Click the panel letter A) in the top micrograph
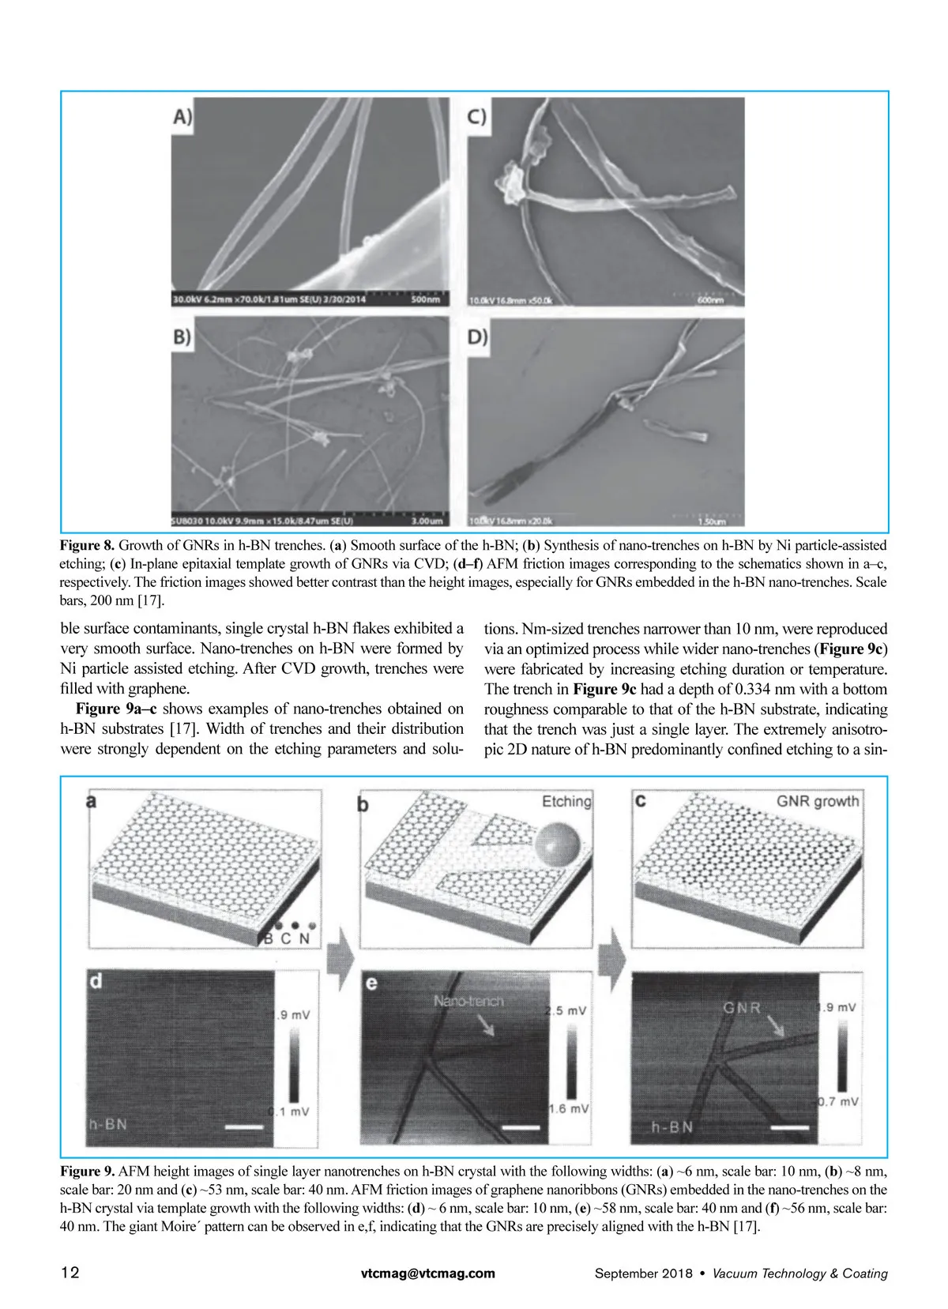pyautogui.click(x=182, y=117)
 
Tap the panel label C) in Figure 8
pyautogui.click(x=476, y=117)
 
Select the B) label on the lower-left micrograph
pyautogui.click(x=182, y=337)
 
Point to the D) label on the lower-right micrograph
pyautogui.click(x=477, y=337)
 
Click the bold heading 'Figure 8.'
pyautogui.click(x=87, y=545)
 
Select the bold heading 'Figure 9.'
pyautogui.click(x=87, y=1171)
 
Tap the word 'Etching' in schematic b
pyautogui.click(x=566, y=801)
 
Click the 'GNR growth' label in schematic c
pyautogui.click(x=818, y=801)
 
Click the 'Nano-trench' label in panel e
pyautogui.click(x=468, y=1001)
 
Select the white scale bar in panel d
pyautogui.click(x=243, y=1126)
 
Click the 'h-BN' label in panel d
pyautogui.click(x=107, y=1124)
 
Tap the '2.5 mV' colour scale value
pyautogui.click(x=566, y=1010)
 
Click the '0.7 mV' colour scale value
pyautogui.click(x=838, y=1101)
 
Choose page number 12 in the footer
pyautogui.click(x=70, y=1273)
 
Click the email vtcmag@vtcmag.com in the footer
pyautogui.click(x=428, y=1273)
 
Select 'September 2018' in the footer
pyautogui.click(x=643, y=1273)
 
